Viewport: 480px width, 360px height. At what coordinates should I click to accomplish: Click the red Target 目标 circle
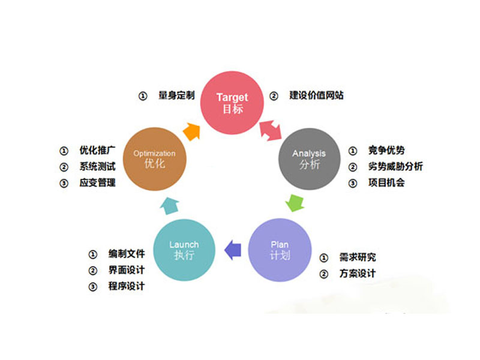(232, 103)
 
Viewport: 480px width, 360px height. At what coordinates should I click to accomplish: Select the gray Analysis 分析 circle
(309, 159)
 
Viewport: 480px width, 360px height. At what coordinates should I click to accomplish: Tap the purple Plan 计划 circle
(280, 250)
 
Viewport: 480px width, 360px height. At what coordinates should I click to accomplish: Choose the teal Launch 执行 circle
(184, 250)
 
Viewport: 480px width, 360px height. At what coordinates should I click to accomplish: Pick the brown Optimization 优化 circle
(155, 159)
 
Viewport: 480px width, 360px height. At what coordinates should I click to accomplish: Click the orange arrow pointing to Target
(192, 131)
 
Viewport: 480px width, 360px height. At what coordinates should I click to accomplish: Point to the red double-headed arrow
(271, 130)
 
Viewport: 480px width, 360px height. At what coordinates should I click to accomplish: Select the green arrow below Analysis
(295, 203)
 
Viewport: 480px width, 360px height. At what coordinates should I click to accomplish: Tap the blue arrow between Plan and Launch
(233, 250)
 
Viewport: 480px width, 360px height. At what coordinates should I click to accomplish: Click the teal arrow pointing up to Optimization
(170, 206)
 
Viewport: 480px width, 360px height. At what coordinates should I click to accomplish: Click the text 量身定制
(176, 95)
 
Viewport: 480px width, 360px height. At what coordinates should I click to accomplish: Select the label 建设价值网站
(317, 95)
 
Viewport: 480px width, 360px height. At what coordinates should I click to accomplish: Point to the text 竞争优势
(386, 151)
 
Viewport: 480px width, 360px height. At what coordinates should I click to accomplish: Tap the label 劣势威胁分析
(395, 167)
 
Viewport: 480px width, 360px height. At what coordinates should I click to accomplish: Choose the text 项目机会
(386, 183)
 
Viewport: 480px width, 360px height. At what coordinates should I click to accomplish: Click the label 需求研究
(358, 257)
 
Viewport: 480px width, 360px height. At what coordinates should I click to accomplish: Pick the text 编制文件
(127, 254)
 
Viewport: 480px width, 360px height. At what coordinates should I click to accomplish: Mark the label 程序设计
(127, 286)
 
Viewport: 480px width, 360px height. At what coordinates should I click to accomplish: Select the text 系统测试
(98, 167)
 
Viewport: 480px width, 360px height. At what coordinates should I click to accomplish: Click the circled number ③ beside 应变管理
(64, 184)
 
